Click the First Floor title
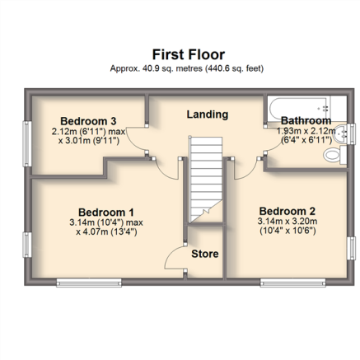(189, 54)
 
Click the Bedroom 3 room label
(88, 121)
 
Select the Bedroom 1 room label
(106, 213)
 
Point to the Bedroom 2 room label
(288, 211)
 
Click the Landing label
(208, 115)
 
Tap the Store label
(205, 254)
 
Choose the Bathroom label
(306, 120)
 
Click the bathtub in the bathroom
(300, 109)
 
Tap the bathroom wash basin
(340, 134)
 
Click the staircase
(205, 180)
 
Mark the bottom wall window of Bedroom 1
(89, 283)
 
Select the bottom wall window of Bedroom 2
(292, 283)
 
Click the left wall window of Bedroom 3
(27, 144)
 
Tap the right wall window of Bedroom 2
(351, 248)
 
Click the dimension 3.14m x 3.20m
(288, 222)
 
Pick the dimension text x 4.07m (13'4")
(106, 232)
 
